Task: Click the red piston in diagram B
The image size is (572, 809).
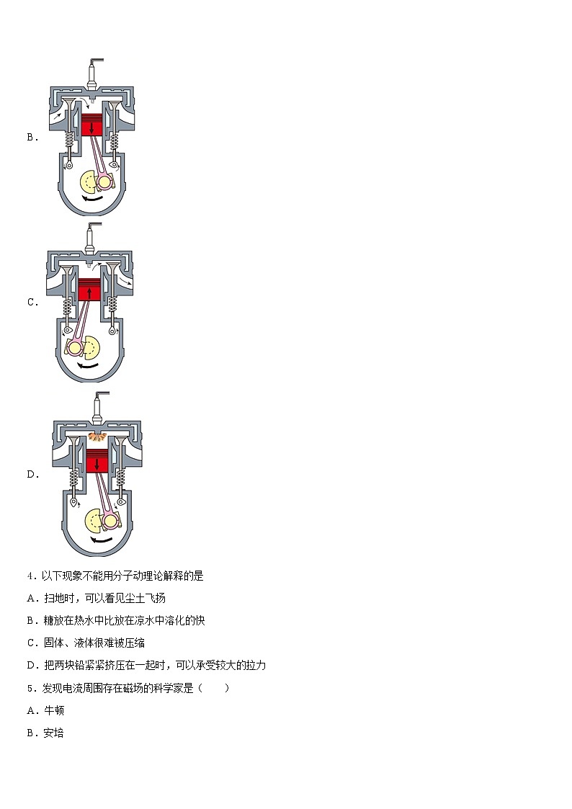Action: (92, 127)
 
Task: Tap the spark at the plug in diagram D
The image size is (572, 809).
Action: (95, 437)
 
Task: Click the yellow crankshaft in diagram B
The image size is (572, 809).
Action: (96, 182)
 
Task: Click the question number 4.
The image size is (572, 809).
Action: (31, 576)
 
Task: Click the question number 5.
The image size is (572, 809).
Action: (31, 688)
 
